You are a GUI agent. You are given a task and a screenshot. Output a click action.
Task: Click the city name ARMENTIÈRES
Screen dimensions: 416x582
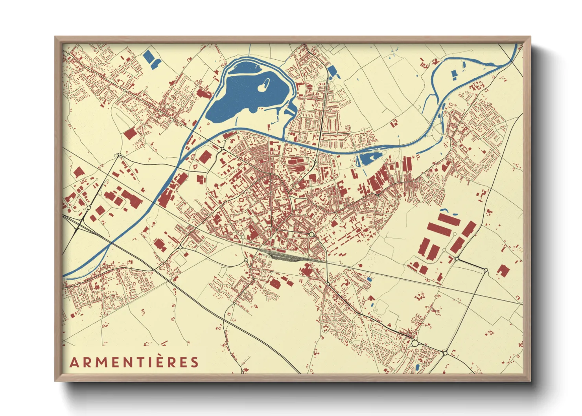pos(134,362)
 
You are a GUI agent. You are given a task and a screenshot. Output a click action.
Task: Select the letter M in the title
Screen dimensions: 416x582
pos(100,362)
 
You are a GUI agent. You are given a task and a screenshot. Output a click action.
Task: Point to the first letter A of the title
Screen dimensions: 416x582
pos(73,362)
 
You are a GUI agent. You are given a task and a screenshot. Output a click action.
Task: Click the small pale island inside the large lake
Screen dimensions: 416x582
pos(264,85)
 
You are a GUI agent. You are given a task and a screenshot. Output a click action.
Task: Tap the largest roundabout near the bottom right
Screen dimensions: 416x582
pos(414,343)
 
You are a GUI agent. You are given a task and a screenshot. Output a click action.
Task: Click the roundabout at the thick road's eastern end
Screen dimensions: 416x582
pos(486,270)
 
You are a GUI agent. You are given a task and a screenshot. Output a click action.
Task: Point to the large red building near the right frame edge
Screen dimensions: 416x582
pos(503,271)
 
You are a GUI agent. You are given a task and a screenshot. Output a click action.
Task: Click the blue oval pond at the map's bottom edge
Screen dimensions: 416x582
pos(417,368)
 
